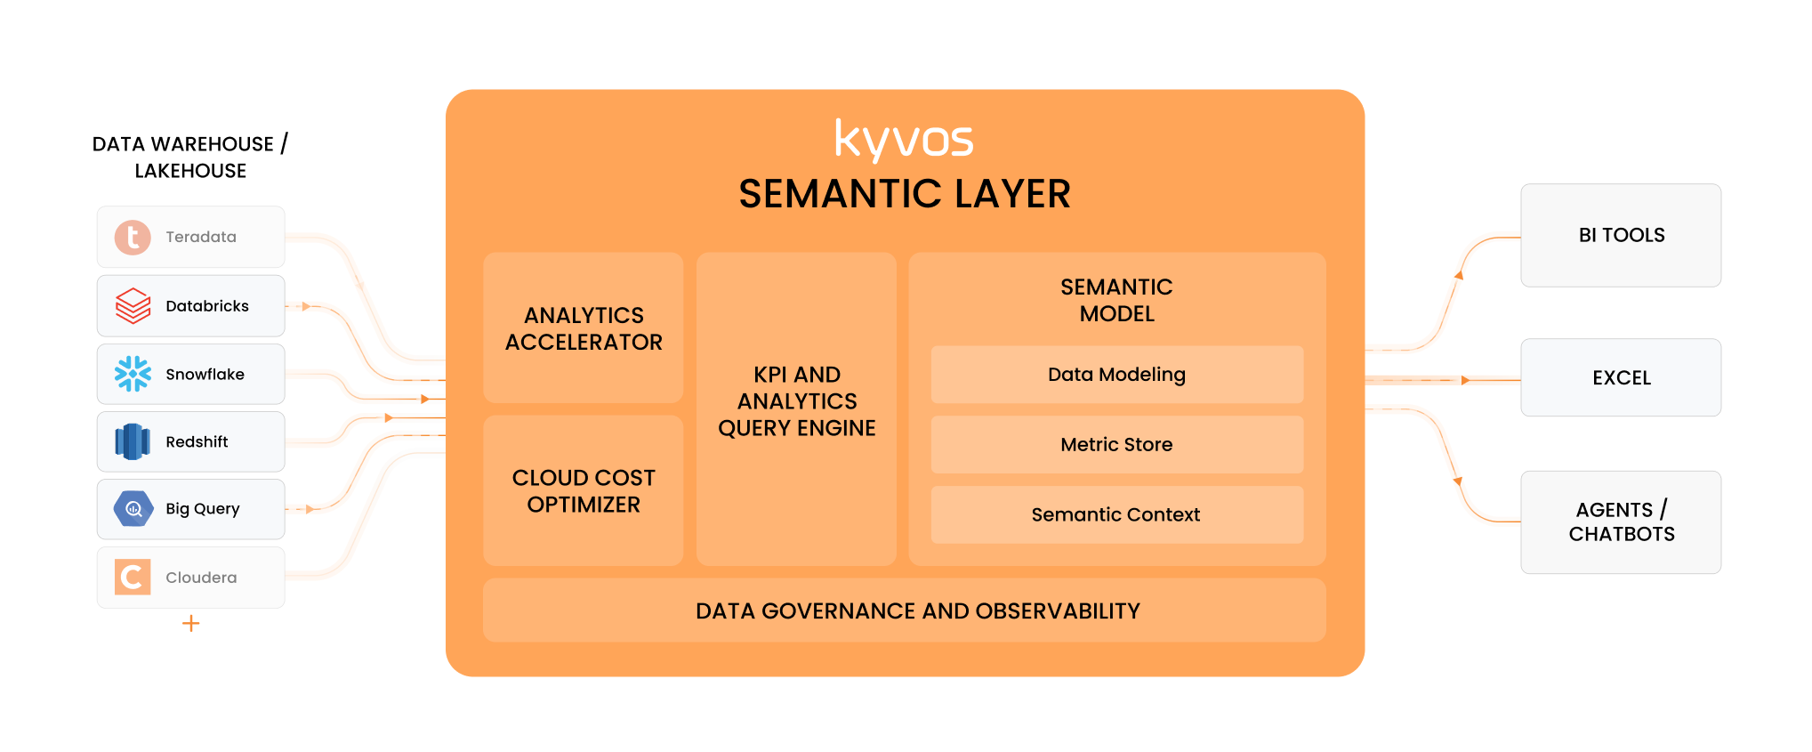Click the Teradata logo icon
pyautogui.click(x=133, y=238)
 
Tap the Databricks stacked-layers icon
pyautogui.click(x=133, y=306)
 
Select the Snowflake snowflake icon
pyautogui.click(x=133, y=374)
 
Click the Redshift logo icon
pyautogui.click(x=133, y=441)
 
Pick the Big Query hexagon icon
pyautogui.click(x=133, y=509)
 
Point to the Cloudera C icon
pyautogui.click(x=133, y=578)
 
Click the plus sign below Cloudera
pyautogui.click(x=190, y=623)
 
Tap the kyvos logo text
pyautogui.click(x=904, y=140)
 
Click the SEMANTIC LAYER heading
pyautogui.click(x=904, y=194)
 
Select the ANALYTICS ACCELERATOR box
pyautogui.click(x=584, y=328)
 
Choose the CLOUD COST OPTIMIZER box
pyautogui.click(x=584, y=491)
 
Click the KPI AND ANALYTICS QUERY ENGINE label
pyautogui.click(x=797, y=401)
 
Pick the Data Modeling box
pyautogui.click(x=1116, y=375)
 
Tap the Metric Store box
pyautogui.click(x=1116, y=444)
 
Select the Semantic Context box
pyautogui.click(x=1116, y=514)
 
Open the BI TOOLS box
pyautogui.click(x=1621, y=235)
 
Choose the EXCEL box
pyautogui.click(x=1621, y=377)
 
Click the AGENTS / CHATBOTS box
pyautogui.click(x=1621, y=522)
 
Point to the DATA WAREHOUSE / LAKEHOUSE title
pyautogui.click(x=190, y=158)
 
